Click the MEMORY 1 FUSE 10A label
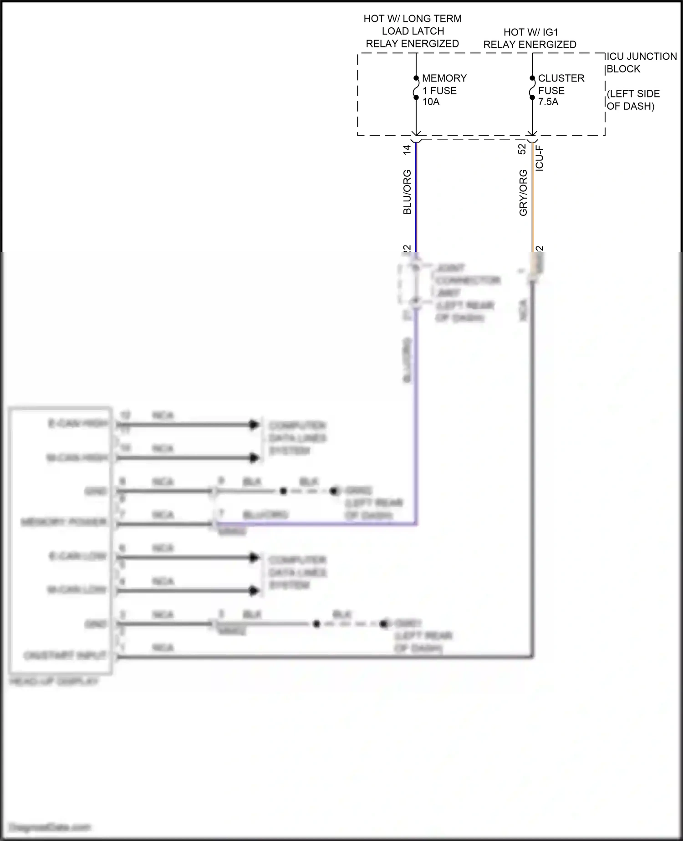point(443,90)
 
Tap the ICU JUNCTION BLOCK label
point(641,62)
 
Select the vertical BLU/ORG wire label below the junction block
point(407,192)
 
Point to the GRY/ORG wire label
point(523,192)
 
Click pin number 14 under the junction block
point(407,149)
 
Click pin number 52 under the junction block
point(522,149)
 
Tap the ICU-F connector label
point(540,158)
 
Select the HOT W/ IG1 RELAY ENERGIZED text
point(530,38)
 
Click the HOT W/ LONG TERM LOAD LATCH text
point(413,25)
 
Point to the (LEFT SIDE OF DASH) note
point(633,100)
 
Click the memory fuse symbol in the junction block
point(416,87)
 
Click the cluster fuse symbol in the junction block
point(532,87)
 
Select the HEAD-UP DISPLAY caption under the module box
point(54,682)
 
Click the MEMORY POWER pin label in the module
point(64,522)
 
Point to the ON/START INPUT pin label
point(65,655)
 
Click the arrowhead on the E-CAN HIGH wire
point(254,425)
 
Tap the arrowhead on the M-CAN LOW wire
point(254,591)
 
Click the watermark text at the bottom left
point(50,827)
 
